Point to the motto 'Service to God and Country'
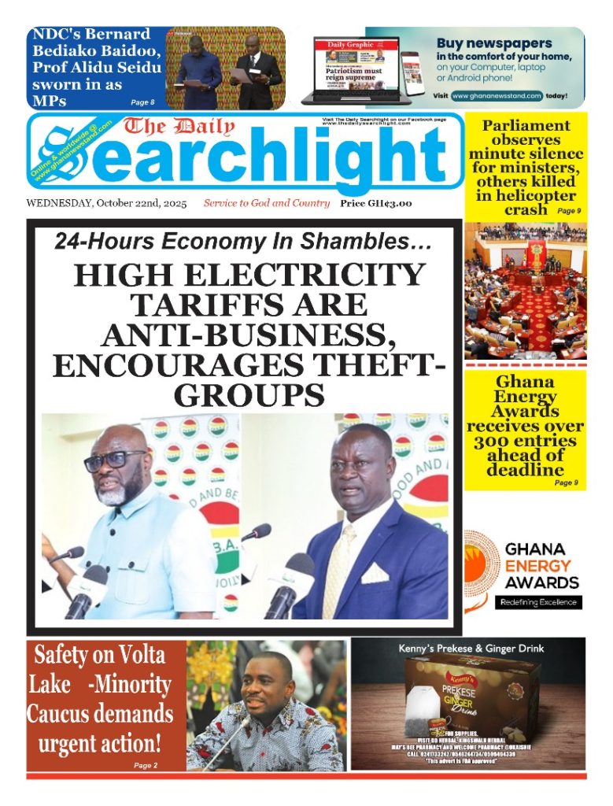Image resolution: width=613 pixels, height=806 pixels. click(x=266, y=204)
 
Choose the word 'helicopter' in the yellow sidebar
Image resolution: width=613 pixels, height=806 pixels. click(x=526, y=196)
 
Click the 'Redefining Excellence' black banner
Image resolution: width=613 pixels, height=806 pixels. click(x=540, y=602)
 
